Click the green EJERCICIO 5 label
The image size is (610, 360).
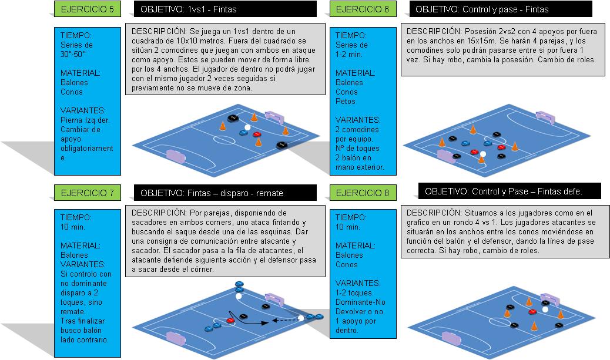point(88,9)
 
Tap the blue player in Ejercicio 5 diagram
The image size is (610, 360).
point(243,133)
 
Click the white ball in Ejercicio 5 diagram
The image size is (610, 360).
point(247,127)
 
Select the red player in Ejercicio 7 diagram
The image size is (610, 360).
point(230,320)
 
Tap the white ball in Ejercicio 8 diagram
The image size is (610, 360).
point(545,309)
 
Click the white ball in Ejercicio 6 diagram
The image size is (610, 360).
point(482,154)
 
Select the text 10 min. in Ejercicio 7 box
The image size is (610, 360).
point(72,226)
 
